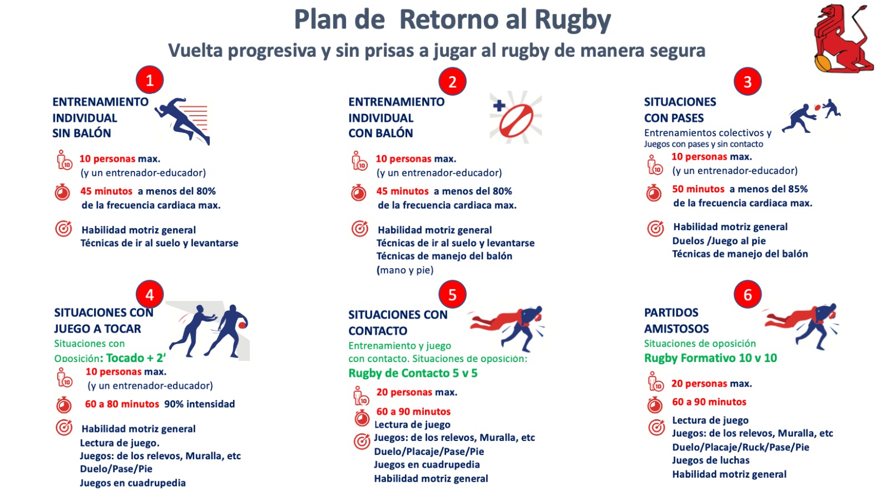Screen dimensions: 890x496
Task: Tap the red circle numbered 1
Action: [x=150, y=81]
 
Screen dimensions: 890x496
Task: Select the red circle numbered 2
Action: [x=452, y=82]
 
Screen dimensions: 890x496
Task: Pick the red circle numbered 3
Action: [x=748, y=82]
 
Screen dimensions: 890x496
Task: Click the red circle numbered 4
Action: [x=150, y=295]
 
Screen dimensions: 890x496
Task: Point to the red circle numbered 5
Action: [x=452, y=295]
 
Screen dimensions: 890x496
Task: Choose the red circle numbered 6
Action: [x=748, y=295]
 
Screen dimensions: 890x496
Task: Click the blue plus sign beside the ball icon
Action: [x=499, y=105]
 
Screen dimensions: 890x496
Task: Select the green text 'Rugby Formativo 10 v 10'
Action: [x=710, y=358]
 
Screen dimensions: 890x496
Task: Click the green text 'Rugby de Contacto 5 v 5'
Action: [x=413, y=373]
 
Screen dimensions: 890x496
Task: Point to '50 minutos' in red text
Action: [x=698, y=189]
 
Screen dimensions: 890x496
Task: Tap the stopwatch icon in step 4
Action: [x=64, y=404]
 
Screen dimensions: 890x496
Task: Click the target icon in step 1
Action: [x=63, y=229]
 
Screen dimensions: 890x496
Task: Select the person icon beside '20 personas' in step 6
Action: [x=655, y=383]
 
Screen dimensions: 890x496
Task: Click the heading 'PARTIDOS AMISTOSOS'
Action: [x=676, y=320]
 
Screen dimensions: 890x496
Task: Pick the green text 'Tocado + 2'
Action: [x=136, y=358]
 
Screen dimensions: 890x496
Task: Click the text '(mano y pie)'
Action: [x=405, y=270]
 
